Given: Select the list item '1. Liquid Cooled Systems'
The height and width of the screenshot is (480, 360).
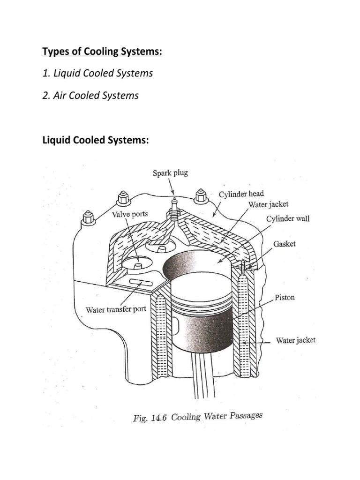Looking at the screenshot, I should click(97, 74).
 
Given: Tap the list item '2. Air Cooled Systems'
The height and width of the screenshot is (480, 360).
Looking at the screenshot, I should click(90, 95).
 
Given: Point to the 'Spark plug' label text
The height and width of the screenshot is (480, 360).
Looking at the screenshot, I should click(170, 173).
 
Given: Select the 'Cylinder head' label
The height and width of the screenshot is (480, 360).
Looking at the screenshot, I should click(241, 194).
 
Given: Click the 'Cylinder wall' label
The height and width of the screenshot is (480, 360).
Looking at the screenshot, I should click(287, 219).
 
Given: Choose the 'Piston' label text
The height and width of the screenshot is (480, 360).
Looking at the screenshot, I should click(285, 298).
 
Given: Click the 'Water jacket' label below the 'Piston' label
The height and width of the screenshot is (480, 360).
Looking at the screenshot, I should click(295, 340).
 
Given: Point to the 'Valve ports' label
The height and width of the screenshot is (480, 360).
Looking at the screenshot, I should click(130, 214).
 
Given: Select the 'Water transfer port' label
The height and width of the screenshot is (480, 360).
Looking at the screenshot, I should click(117, 309).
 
